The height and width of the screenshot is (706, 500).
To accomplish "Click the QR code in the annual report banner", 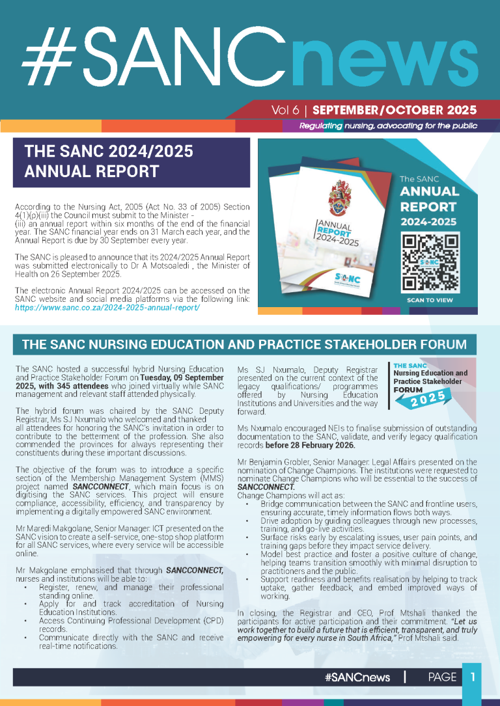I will pyautogui.click(x=430, y=262).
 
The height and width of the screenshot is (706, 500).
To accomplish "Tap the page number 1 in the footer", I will pyautogui.click(x=473, y=677).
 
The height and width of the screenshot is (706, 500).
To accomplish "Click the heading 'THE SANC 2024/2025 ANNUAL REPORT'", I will pyautogui.click(x=109, y=161).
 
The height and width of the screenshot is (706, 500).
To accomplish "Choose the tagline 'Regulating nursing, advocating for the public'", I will pyautogui.click(x=388, y=126).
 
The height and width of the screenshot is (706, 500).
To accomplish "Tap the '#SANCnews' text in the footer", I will pyautogui.click(x=357, y=677).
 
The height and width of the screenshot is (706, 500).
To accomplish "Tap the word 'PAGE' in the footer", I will pyautogui.click(x=442, y=677).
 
